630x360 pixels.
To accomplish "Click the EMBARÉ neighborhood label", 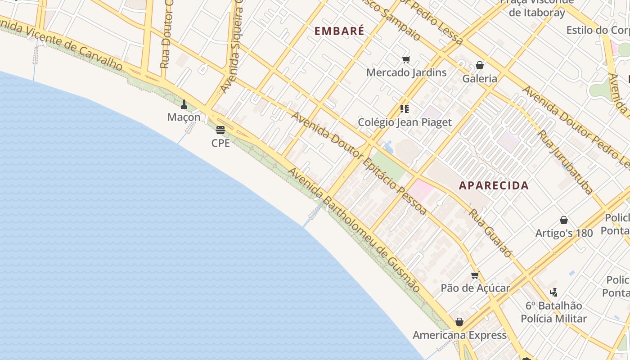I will (339, 31).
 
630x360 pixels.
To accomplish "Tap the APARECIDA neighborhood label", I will (494, 185).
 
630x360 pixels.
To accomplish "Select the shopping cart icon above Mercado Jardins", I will (406, 59).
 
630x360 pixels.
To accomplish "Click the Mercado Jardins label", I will (406, 72).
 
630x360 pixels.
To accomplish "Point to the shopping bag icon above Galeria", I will (480, 66).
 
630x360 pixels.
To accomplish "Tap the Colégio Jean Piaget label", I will (405, 122).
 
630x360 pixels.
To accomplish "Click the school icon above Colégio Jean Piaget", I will (404, 109).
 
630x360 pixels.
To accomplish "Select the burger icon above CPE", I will (220, 130).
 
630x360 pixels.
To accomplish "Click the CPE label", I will (220, 143).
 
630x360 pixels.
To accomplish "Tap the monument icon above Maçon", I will (184, 104).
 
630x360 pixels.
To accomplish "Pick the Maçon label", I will (184, 117).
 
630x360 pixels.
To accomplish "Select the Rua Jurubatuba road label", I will (565, 162).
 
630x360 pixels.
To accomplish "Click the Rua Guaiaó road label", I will (490, 233).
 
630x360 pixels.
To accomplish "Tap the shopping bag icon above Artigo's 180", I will (564, 220).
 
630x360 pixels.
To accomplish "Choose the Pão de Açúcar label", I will (475, 288).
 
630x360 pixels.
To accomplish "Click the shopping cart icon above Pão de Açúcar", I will (475, 275).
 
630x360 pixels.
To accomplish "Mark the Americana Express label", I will (459, 335).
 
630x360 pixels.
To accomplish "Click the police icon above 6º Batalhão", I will (553, 292).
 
